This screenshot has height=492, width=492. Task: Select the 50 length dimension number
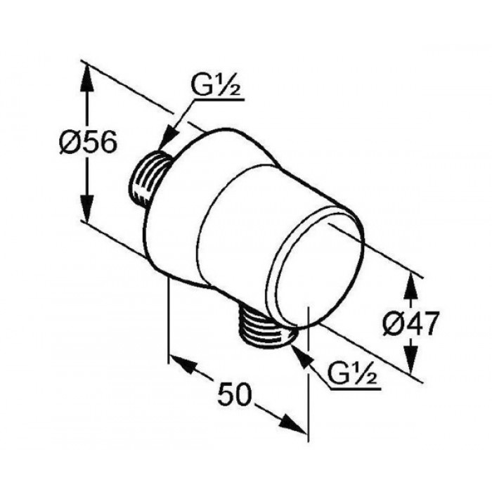[235, 394]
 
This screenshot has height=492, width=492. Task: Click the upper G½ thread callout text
[215, 86]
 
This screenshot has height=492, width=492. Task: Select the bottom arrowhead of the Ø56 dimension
[88, 208]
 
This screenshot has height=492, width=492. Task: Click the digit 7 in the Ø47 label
[429, 324]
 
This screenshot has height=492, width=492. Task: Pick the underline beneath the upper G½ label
[219, 101]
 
